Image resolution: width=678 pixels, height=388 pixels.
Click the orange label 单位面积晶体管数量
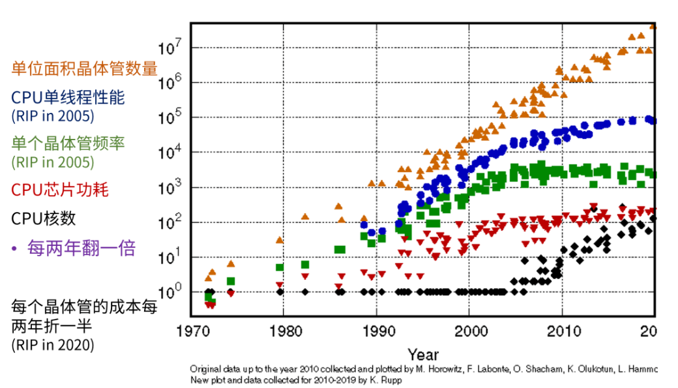pyautogui.click(x=84, y=68)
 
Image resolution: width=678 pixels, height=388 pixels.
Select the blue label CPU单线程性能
pyautogui.click(x=68, y=98)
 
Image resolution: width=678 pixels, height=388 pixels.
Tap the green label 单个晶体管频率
pyautogui.click(x=68, y=142)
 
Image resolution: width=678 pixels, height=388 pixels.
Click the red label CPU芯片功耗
pyautogui.click(x=60, y=190)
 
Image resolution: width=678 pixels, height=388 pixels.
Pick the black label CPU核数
pyautogui.click(x=43, y=218)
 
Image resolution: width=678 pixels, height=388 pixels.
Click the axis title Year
pyautogui.click(x=423, y=354)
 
